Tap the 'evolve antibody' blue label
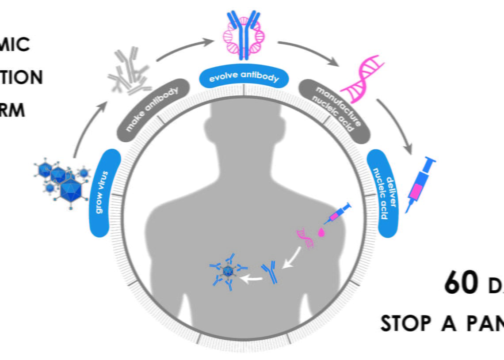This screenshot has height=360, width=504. pos(244,76)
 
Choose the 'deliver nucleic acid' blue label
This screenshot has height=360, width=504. pos(383,193)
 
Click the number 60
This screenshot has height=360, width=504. pos(460,283)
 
